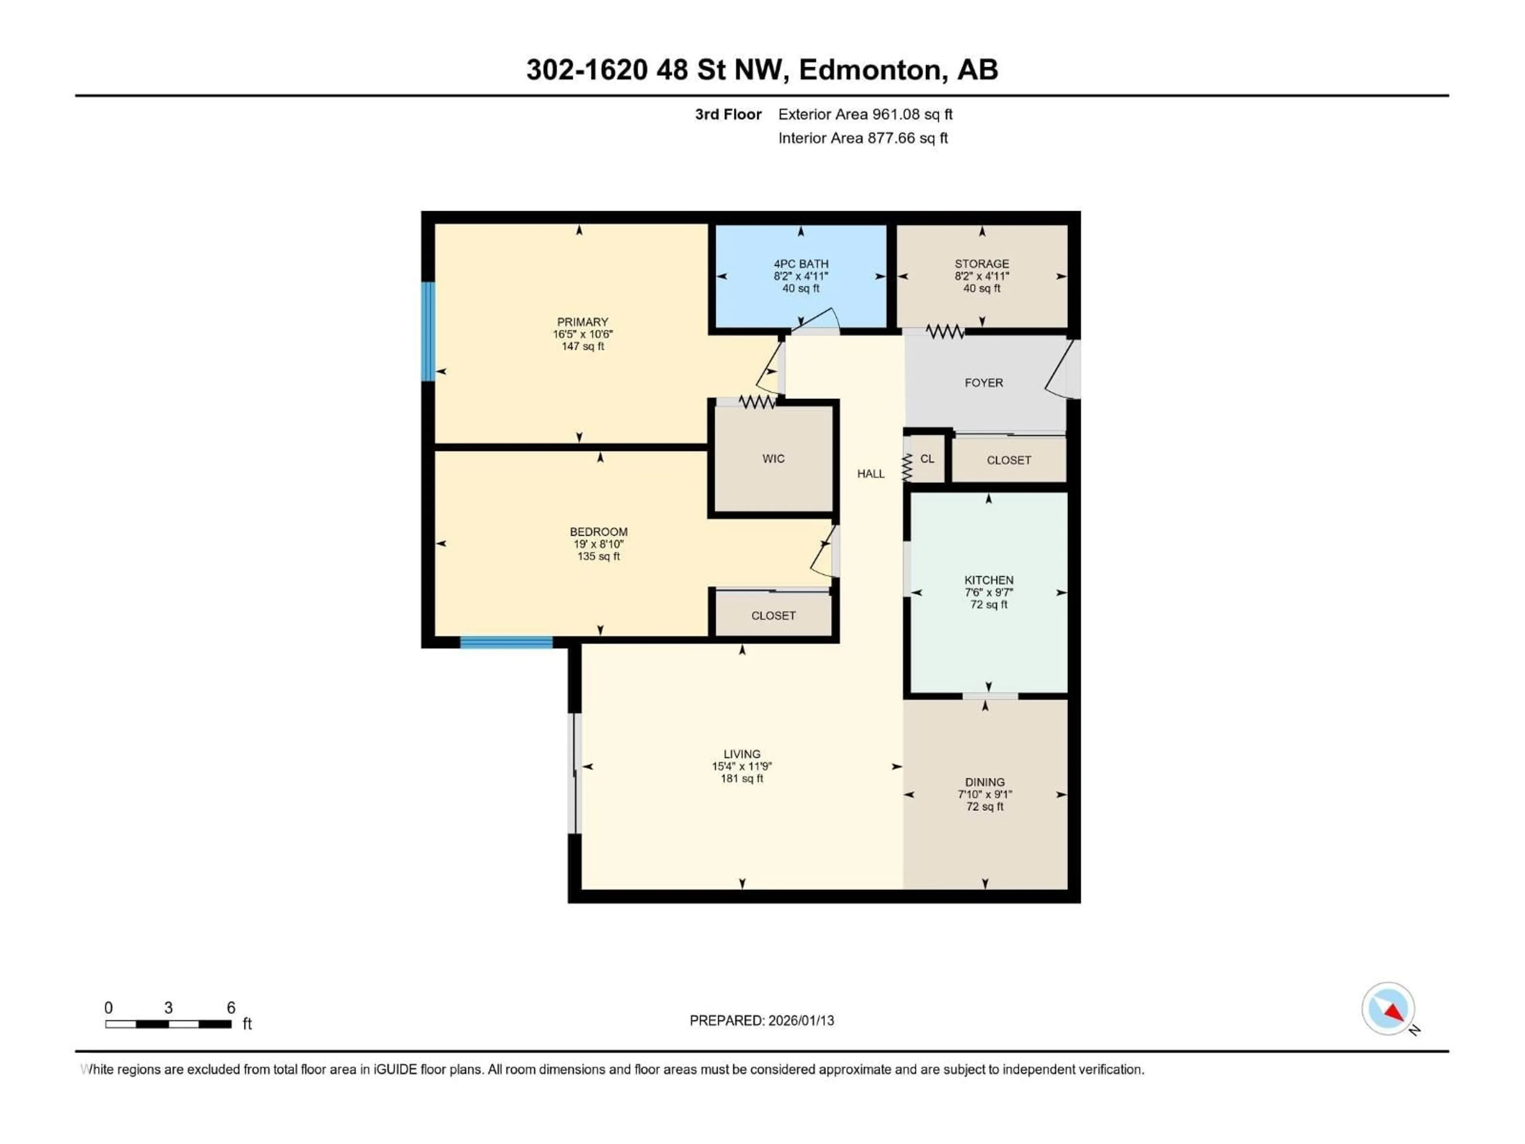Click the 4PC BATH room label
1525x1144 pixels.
pos(800,263)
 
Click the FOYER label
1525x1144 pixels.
pos(983,383)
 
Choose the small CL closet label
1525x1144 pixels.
pos(927,458)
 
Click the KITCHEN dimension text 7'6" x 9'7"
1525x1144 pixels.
pos(988,592)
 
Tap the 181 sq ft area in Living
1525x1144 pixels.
pos(742,779)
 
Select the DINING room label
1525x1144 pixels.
pos(984,782)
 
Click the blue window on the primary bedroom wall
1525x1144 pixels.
pos(428,331)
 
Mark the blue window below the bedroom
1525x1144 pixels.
pos(506,643)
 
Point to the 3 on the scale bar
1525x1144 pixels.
pos(168,1007)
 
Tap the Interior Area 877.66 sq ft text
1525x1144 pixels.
pos(863,138)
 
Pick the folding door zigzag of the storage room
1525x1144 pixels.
pos(944,332)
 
